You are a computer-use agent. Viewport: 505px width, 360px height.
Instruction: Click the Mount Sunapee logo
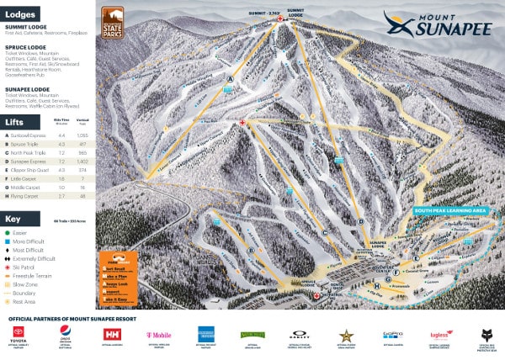438,25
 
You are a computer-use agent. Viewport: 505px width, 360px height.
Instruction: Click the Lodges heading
21,14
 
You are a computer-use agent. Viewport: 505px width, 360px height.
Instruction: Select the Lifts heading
16,122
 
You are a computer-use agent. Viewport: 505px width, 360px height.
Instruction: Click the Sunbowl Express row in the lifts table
29,135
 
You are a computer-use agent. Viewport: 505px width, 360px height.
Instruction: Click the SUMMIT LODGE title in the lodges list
26,28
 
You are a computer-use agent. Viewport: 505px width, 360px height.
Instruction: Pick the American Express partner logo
205,333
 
